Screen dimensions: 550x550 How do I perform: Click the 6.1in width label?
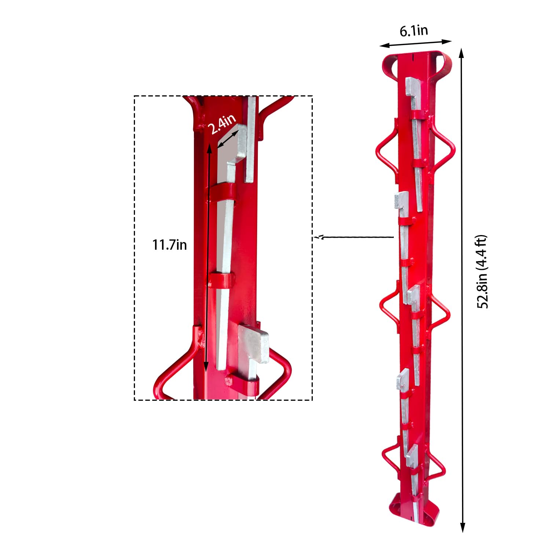click(414, 31)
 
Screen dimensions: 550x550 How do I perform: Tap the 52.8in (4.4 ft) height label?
click(483, 271)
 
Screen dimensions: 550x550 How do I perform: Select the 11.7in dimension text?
click(169, 245)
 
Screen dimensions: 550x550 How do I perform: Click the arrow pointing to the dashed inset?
click(353, 237)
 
